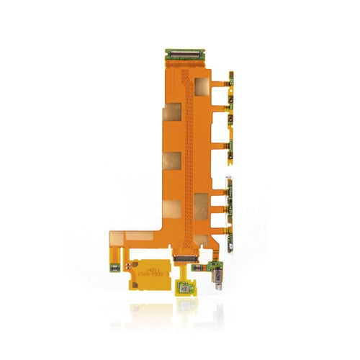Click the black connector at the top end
pyautogui.click(x=184, y=53)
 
